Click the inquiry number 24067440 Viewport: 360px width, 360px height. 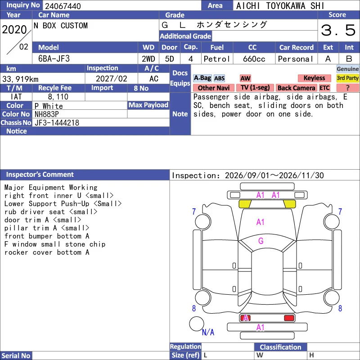[x=63, y=6]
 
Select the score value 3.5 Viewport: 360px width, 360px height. [x=338, y=30]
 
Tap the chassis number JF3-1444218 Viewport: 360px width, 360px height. [x=57, y=123]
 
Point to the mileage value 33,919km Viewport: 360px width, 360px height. [x=20, y=79]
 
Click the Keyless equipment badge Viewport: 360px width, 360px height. [x=314, y=78]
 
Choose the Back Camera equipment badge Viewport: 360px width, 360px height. [x=296, y=88]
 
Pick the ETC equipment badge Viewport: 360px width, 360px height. [x=324, y=88]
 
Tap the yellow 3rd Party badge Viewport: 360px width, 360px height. [x=347, y=78]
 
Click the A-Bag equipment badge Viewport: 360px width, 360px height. [x=202, y=78]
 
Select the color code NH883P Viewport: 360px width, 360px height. [x=47, y=114]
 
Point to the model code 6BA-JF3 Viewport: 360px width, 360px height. [x=54, y=59]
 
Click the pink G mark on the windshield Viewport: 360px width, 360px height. [x=261, y=241]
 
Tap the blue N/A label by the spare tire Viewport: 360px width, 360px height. [x=208, y=332]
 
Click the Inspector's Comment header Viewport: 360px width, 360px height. [x=40, y=175]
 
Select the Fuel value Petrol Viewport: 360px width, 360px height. [x=216, y=59]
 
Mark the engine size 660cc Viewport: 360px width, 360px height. [x=254, y=59]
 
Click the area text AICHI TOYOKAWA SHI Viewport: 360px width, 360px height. [x=280, y=6]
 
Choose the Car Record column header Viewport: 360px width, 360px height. [x=297, y=48]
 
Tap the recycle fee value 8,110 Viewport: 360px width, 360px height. [x=58, y=97]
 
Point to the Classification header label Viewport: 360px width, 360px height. [x=280, y=347]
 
